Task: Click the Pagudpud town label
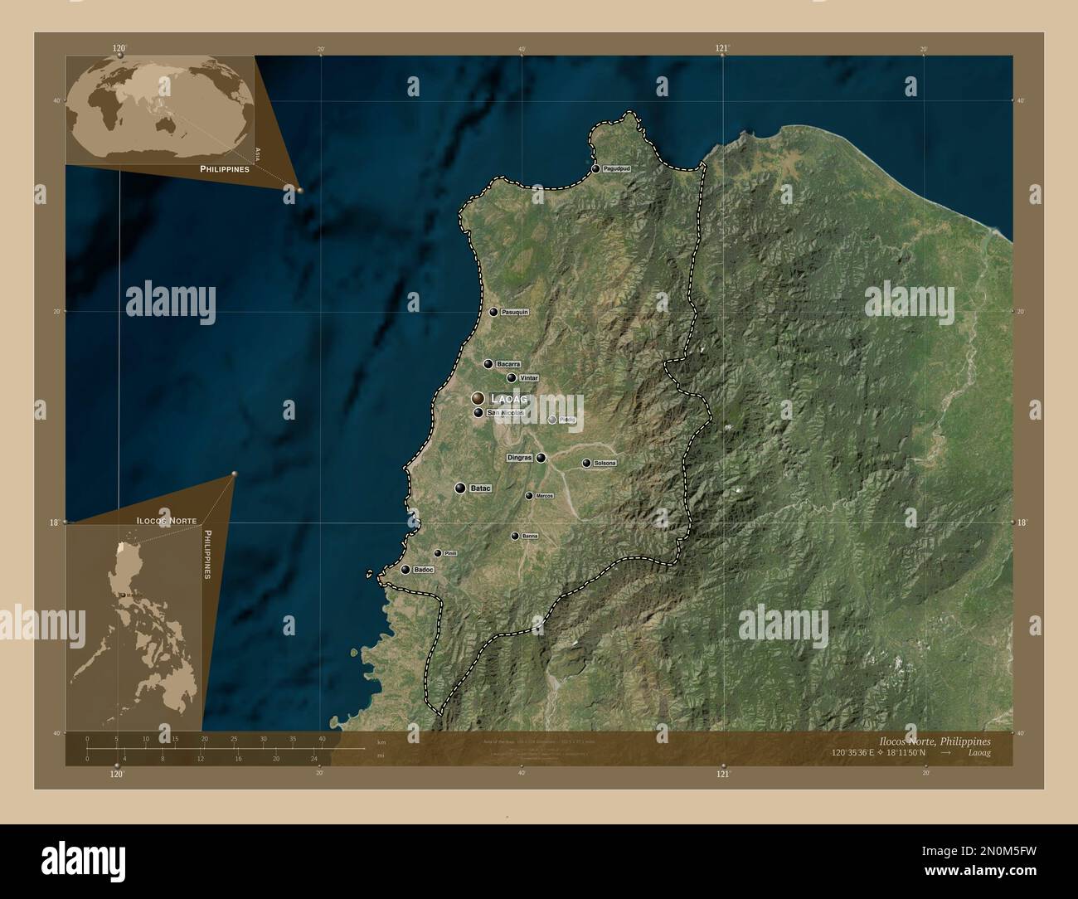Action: pyautogui.click(x=617, y=169)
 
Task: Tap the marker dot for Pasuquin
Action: pyautogui.click(x=493, y=313)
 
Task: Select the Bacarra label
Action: pyautogui.click(x=508, y=364)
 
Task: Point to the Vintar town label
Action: pyautogui.click(x=528, y=378)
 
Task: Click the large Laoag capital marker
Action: pyautogui.click(x=478, y=399)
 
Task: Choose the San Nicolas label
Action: pyautogui.click(x=506, y=412)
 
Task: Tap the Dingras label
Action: pyautogui.click(x=519, y=458)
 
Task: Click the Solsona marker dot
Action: pyautogui.click(x=586, y=464)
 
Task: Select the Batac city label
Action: pyautogui.click(x=480, y=488)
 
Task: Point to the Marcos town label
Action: pyautogui.click(x=544, y=496)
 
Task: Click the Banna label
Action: pyautogui.click(x=530, y=537)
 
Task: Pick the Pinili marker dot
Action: pyautogui.click(x=438, y=553)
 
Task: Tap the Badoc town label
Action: pyautogui.click(x=424, y=570)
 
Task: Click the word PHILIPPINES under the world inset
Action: pyautogui.click(x=225, y=168)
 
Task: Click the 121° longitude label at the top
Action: pyautogui.click(x=722, y=49)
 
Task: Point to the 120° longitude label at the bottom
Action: pyautogui.click(x=116, y=774)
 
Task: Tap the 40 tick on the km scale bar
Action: pyautogui.click(x=322, y=738)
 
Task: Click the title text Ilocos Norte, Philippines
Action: pyautogui.click(x=934, y=740)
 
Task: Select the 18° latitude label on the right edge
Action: pyautogui.click(x=1021, y=522)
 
